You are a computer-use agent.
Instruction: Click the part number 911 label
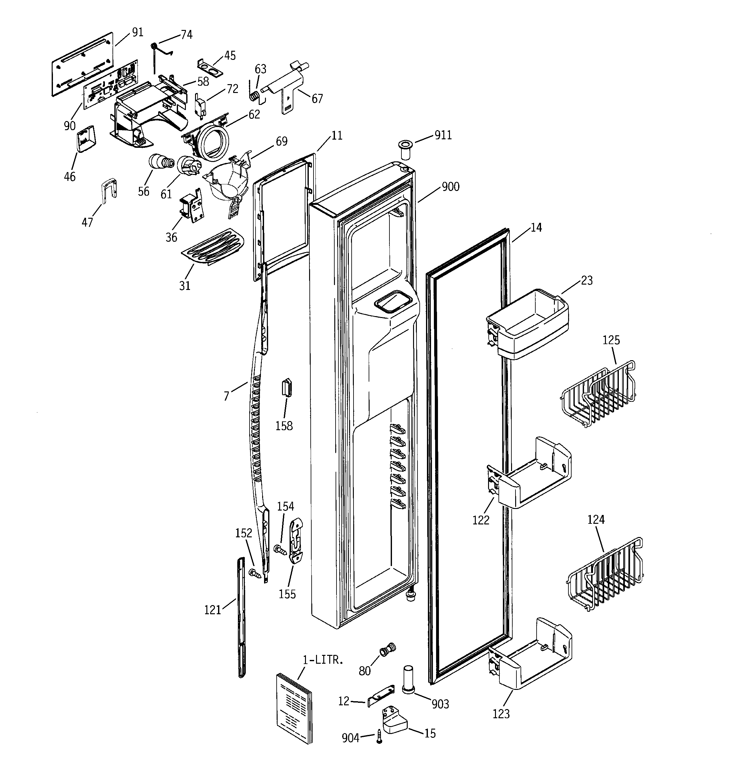pos(443,136)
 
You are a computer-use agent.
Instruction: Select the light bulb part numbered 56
pos(159,162)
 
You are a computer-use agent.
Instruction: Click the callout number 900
pos(451,187)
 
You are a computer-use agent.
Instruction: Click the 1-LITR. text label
pos(323,660)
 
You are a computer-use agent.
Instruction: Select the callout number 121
pos(213,610)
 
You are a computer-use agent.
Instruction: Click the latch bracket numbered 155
pos(296,541)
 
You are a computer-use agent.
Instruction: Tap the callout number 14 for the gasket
pos(536,228)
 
